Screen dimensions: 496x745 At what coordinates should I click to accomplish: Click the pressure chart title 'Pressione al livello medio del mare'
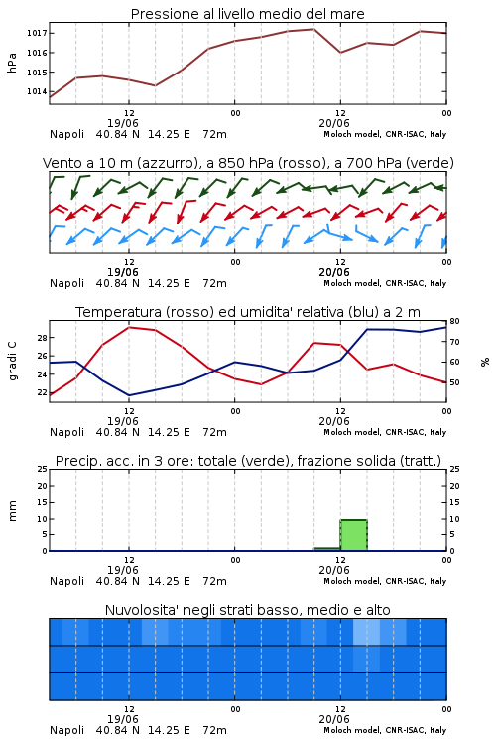[x=247, y=14]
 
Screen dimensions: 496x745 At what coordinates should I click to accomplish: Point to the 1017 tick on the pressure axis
[x=37, y=33]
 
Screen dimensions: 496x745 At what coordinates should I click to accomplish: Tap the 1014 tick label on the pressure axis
[x=37, y=91]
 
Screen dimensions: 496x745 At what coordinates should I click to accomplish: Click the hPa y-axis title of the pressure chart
[x=12, y=63]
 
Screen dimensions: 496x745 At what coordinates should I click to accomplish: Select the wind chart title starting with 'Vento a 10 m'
[x=248, y=163]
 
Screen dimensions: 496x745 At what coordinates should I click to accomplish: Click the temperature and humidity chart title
[x=248, y=312]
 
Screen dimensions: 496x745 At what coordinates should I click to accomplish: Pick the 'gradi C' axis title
[x=12, y=361]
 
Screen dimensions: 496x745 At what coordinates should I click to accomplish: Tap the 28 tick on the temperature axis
[x=42, y=338]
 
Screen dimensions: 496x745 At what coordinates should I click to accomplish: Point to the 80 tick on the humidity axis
[x=454, y=321]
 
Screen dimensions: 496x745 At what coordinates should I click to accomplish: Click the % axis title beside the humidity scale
[x=485, y=362]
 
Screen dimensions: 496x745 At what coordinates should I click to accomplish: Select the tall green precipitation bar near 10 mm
[x=353, y=535]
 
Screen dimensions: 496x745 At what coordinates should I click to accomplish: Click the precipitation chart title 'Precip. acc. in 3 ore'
[x=248, y=461]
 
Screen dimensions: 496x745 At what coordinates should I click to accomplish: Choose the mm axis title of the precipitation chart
[x=12, y=511]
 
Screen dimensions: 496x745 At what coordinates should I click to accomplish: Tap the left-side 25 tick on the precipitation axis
[x=42, y=469]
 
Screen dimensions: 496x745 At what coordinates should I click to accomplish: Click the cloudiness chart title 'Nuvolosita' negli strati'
[x=247, y=610]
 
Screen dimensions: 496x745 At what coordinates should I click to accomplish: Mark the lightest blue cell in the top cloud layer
[x=366, y=632]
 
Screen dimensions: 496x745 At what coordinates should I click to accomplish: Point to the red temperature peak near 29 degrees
[x=129, y=328]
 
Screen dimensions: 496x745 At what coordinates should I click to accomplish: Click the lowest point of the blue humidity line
[x=129, y=395]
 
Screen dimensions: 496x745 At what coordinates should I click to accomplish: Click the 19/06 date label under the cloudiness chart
[x=122, y=719]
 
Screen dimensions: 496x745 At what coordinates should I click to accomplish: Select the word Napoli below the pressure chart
[x=66, y=134]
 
